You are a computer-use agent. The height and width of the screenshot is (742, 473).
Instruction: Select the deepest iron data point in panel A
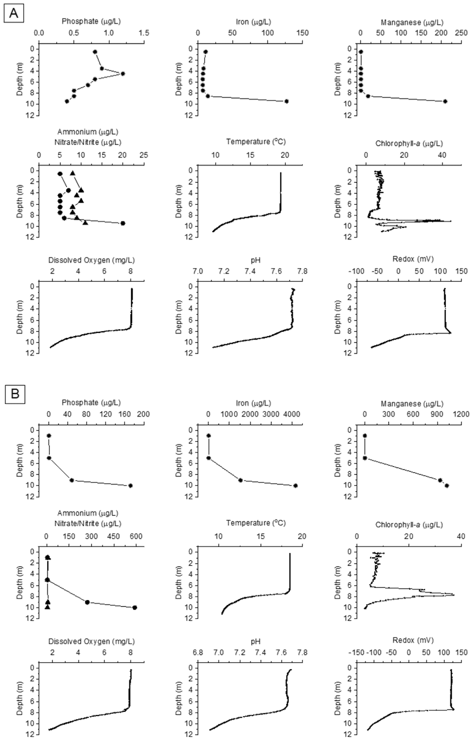point(286,101)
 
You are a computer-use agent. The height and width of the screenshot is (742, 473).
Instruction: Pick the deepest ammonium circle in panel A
point(123,223)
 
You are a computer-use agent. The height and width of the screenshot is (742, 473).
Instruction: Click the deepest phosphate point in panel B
point(130,486)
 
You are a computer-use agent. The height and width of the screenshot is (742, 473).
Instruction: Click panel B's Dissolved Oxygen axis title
point(92,641)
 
